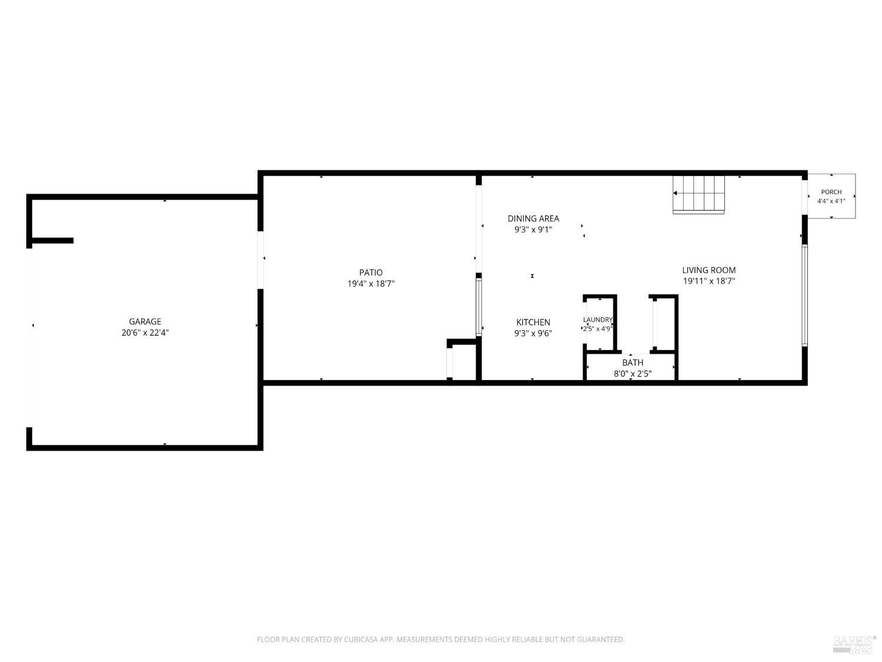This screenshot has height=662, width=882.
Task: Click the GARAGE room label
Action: point(145,321)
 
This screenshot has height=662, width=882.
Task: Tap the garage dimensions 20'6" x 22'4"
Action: point(145,333)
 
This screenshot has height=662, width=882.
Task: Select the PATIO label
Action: point(370,272)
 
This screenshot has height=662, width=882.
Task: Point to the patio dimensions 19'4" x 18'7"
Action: point(370,284)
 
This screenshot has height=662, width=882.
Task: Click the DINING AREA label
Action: point(533,219)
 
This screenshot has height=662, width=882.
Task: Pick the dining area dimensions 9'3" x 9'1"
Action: point(533,229)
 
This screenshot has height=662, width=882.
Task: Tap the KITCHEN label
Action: point(533,322)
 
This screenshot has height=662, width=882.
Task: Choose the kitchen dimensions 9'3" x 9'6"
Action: point(533,333)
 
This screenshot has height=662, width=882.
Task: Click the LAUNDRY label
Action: point(597,320)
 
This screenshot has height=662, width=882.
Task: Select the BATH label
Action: point(633,363)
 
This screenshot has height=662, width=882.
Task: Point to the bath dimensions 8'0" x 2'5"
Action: point(633,374)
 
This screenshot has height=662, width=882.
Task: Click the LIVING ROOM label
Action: point(709,270)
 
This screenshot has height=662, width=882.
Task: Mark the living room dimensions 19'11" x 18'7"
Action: point(709,281)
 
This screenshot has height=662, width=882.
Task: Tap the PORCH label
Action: point(831,192)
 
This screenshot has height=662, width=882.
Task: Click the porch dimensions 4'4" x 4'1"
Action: point(831,201)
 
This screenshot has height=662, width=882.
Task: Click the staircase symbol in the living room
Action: point(699,194)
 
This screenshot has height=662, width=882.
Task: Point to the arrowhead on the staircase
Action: point(675,194)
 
